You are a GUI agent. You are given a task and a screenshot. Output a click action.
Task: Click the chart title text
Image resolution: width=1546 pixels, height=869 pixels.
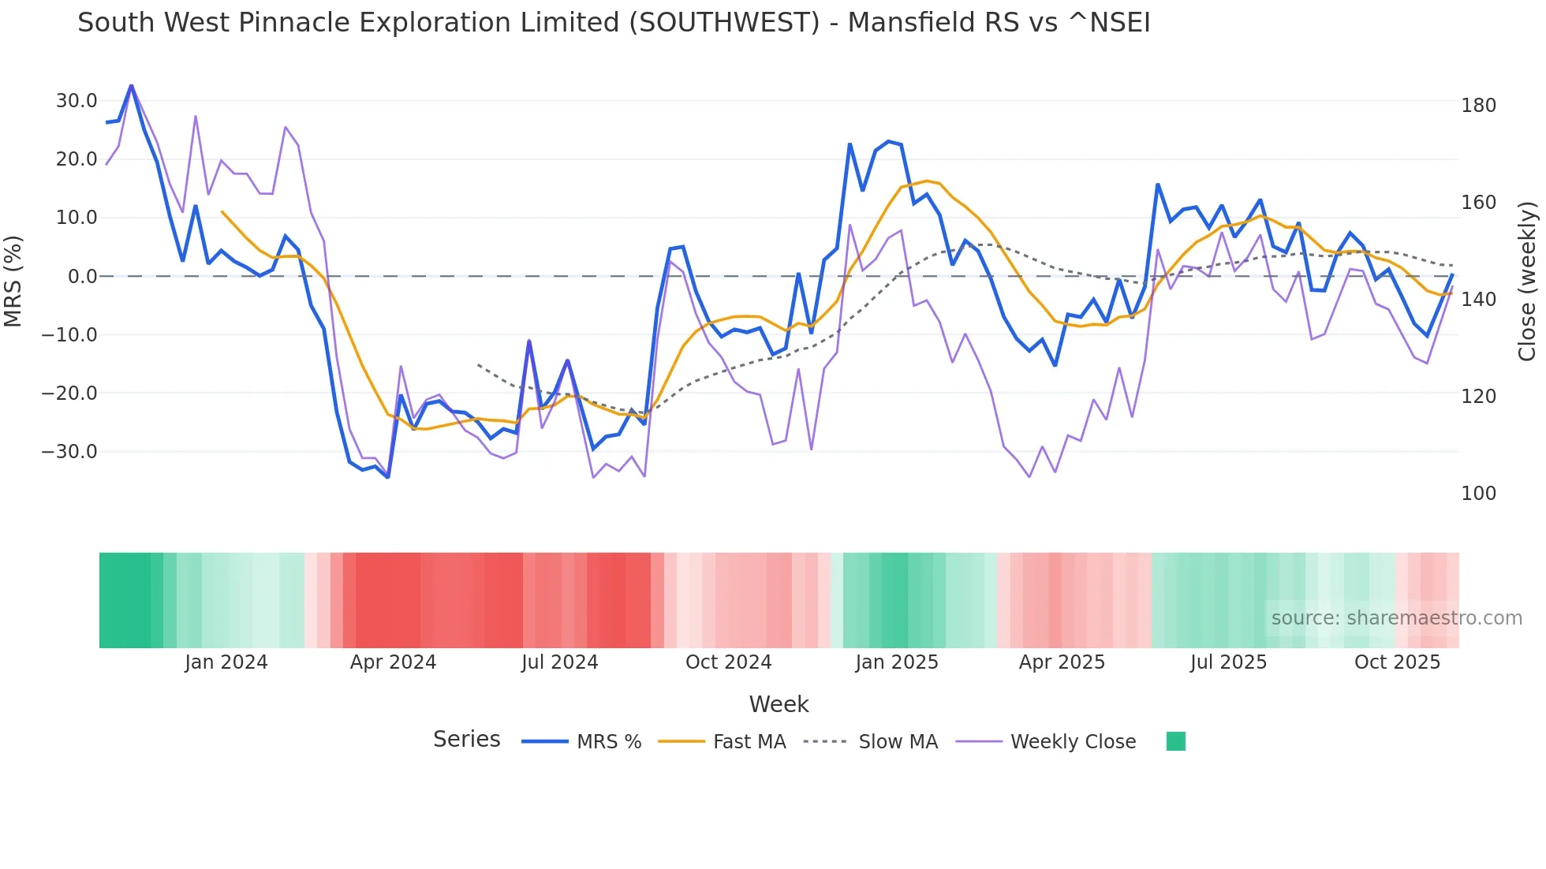tap(614, 23)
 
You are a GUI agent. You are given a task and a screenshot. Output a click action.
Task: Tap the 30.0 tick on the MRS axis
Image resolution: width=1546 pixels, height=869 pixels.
tap(77, 101)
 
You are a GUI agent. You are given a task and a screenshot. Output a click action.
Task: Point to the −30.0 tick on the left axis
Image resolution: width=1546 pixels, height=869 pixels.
tap(69, 452)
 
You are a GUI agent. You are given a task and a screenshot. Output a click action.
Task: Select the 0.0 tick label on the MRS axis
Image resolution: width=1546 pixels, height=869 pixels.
tap(82, 277)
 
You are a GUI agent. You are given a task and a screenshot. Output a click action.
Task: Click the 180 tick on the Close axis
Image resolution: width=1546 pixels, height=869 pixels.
tap(1478, 106)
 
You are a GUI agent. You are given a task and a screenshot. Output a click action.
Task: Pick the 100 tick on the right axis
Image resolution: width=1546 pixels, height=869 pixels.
tap(1478, 494)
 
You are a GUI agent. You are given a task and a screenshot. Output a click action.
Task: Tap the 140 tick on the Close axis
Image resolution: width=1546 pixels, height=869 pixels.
tap(1478, 300)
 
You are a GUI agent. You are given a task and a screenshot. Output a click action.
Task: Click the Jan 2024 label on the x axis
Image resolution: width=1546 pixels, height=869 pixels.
tap(226, 662)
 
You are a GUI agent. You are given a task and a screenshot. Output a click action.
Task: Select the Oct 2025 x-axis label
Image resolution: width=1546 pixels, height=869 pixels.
tap(1397, 662)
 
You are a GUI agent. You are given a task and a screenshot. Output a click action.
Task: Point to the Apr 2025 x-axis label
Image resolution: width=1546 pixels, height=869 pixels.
tap(1062, 662)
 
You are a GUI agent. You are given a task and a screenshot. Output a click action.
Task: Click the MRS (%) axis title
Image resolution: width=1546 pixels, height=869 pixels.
tap(13, 281)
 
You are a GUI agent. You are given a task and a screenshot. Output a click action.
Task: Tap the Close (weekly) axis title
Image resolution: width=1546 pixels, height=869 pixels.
tap(1527, 282)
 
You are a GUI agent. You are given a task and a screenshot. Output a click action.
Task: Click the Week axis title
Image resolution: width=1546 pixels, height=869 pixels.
tap(779, 704)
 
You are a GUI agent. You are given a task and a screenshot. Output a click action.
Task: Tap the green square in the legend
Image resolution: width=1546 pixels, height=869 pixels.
tap(1175, 741)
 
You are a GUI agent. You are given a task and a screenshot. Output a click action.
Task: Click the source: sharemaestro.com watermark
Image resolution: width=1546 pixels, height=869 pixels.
tap(1396, 618)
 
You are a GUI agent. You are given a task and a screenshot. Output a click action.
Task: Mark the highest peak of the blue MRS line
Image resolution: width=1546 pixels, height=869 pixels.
tap(131, 85)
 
